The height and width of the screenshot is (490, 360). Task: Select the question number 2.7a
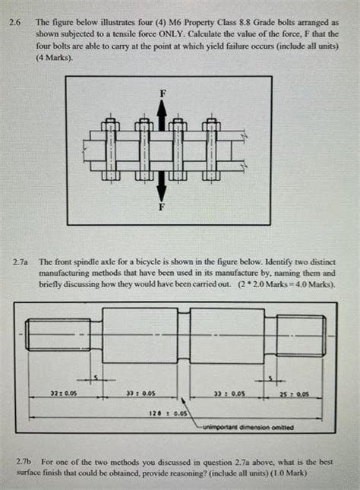click(x=20, y=258)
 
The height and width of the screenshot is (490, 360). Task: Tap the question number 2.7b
click(x=24, y=460)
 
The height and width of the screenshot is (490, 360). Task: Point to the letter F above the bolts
click(x=161, y=93)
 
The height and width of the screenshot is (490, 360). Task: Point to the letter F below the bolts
click(x=161, y=206)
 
